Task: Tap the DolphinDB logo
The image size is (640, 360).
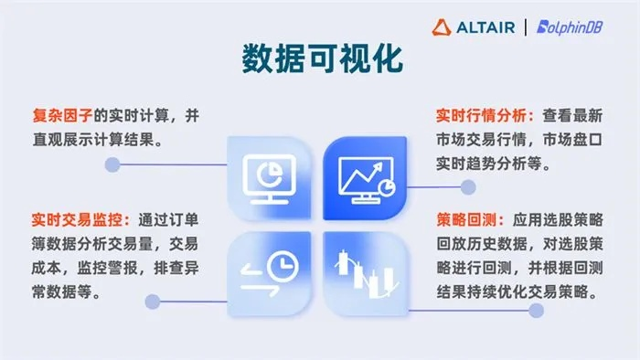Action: coord(574,27)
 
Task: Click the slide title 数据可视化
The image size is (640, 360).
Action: coord(319,58)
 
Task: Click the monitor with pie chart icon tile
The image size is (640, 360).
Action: coord(270,176)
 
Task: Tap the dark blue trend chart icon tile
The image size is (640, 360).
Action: coord(365,176)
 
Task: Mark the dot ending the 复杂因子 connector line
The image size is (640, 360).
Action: coord(112,165)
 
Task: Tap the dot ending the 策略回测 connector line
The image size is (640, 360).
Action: coord(537,311)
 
